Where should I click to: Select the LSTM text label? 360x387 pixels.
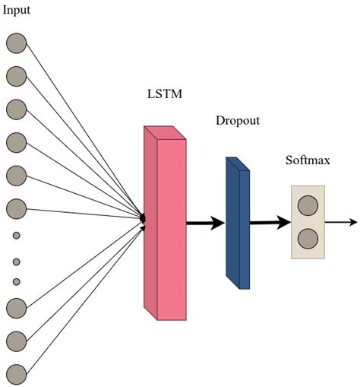[x=165, y=95]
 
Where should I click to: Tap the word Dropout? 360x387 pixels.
[x=237, y=121]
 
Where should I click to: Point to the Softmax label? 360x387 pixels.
[x=308, y=160]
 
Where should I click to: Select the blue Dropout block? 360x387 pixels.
[x=238, y=224]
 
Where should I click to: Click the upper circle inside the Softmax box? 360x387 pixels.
[x=308, y=205]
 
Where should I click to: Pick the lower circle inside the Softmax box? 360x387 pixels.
[x=308, y=239]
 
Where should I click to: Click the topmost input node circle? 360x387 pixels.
[x=16, y=43]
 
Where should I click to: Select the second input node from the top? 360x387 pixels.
[x=16, y=76]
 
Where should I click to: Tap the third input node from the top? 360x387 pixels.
[x=16, y=109]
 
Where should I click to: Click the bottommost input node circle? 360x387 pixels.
[x=16, y=373]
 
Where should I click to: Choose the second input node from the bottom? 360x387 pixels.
[x=16, y=340]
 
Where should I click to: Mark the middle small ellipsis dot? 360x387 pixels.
[x=16, y=262]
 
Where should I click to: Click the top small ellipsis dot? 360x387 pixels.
[x=16, y=236]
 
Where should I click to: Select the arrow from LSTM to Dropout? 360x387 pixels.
[x=205, y=223]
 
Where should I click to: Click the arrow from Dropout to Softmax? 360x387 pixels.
[x=270, y=223]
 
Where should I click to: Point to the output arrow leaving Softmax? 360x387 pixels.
[x=340, y=223]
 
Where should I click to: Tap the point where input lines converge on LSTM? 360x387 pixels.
[x=142, y=220]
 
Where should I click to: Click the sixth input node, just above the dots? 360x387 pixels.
[x=16, y=208]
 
